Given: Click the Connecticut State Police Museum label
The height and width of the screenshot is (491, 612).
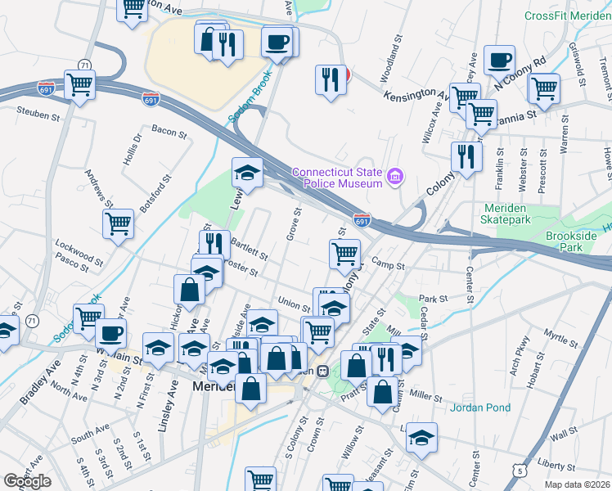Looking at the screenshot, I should click(338, 178).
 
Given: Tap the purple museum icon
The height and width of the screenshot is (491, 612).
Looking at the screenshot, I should click(395, 177).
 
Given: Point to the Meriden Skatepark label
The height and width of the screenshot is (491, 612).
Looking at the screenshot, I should click(518, 214).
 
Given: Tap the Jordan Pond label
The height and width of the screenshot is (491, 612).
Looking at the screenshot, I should click(480, 407).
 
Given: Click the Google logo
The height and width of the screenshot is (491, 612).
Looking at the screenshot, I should click(27, 481).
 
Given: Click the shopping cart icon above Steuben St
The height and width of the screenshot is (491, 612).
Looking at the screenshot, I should click(79, 84).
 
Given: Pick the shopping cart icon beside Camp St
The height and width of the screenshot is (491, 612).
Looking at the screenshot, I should click(344, 254).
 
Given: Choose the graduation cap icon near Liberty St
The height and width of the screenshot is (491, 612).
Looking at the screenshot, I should click(421, 438).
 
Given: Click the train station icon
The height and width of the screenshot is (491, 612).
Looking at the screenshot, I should click(323, 370).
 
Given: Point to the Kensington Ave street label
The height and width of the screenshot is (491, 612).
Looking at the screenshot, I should click(416, 97).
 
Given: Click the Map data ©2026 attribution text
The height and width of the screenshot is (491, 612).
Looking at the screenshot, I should click(578, 484).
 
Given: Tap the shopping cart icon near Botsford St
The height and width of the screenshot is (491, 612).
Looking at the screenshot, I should click(118, 223).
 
